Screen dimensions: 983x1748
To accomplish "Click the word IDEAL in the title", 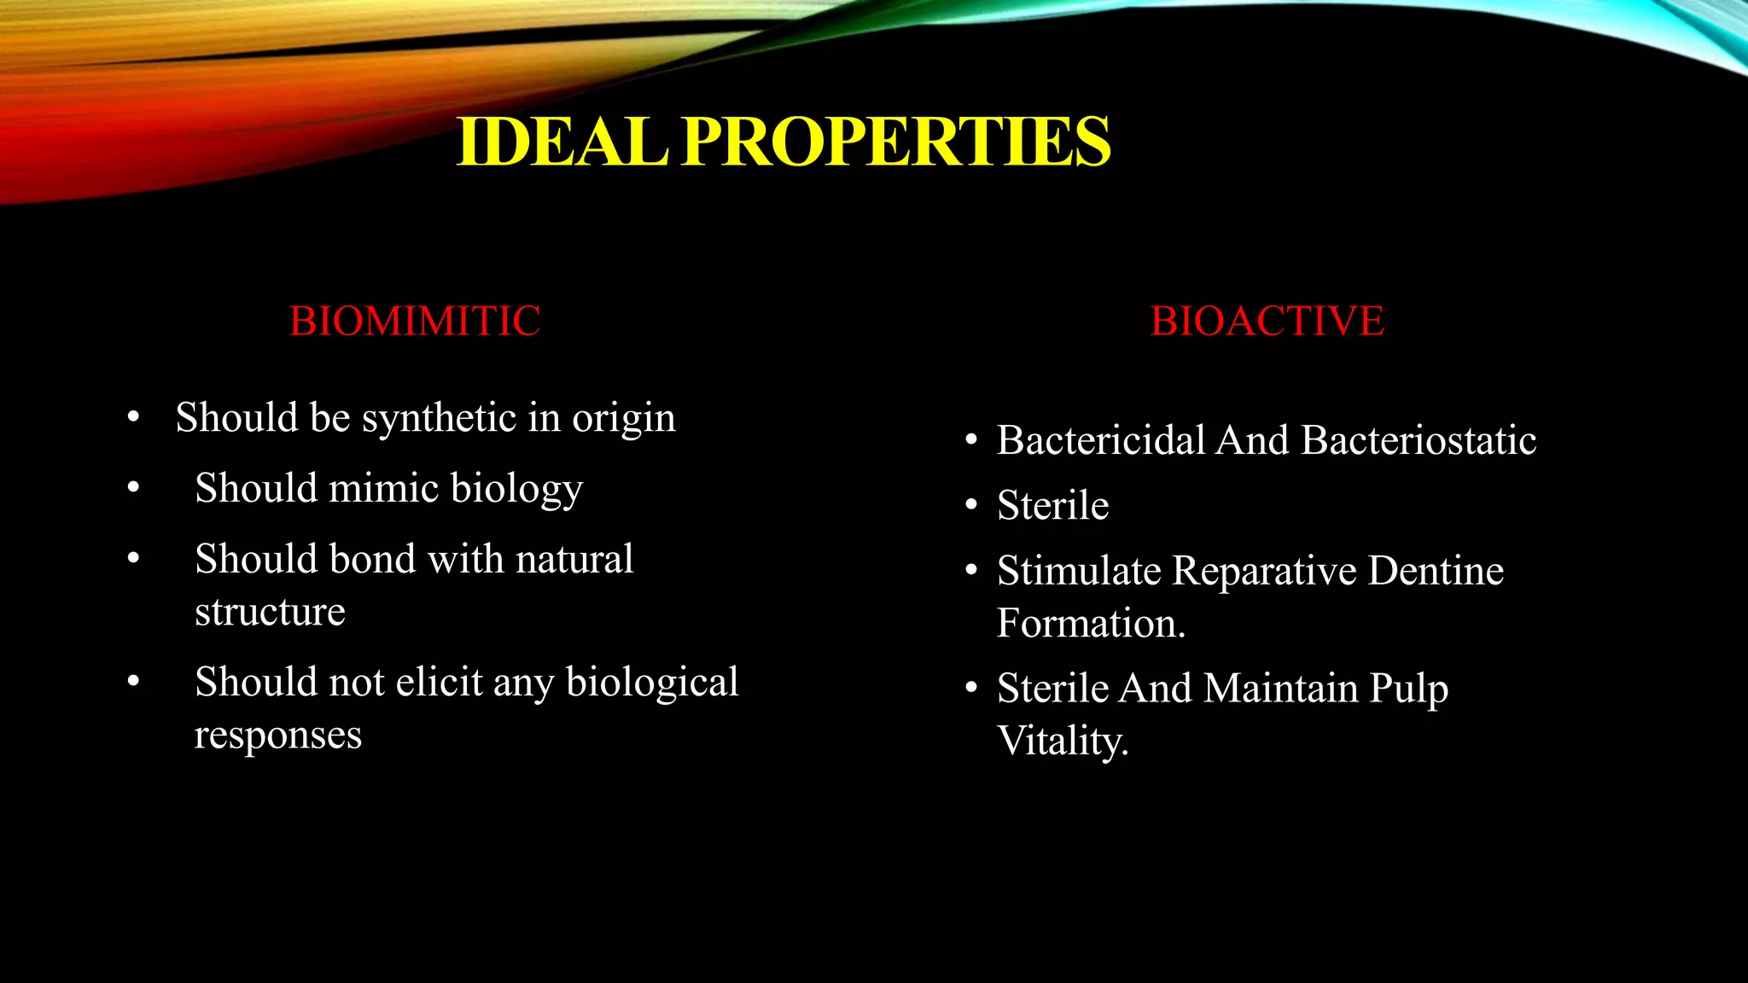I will click(x=562, y=142).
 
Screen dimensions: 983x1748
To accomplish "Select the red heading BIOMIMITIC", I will click(x=415, y=322).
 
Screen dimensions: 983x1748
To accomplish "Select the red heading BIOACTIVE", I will click(x=1267, y=322).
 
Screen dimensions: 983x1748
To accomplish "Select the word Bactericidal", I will click(x=1101, y=441).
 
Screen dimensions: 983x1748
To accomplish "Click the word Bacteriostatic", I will click(x=1419, y=441).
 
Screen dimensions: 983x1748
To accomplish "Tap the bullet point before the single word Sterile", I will click(x=971, y=506).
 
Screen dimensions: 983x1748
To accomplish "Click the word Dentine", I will click(x=1436, y=571).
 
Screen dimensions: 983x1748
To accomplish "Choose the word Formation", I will click(x=1091, y=624).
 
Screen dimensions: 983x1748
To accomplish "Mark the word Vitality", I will click(x=1063, y=742).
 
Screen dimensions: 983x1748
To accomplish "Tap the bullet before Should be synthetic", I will click(x=133, y=418).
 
